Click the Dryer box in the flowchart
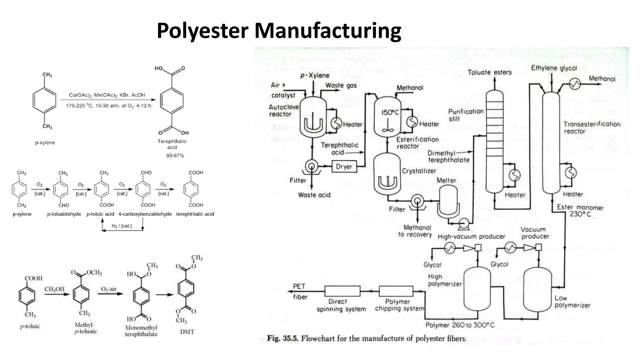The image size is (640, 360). pyautogui.click(x=344, y=167)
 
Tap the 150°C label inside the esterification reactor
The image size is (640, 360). pyautogui.click(x=390, y=112)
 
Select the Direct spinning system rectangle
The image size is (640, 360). pyautogui.click(x=342, y=291)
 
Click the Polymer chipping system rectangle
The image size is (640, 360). pyautogui.click(x=396, y=291)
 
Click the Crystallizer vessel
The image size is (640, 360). pyautogui.click(x=387, y=175)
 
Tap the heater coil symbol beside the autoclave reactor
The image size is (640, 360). pyautogui.click(x=337, y=123)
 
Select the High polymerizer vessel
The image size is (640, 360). pyautogui.click(x=477, y=289)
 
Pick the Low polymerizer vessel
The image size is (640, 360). pyautogui.click(x=537, y=289)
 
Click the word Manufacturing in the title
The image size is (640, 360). pyautogui.click(x=327, y=31)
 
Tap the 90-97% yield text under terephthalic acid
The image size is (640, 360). pyautogui.click(x=175, y=155)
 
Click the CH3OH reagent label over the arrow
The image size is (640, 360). pyautogui.click(x=54, y=289)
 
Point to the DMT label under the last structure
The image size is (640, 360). pyautogui.click(x=187, y=332)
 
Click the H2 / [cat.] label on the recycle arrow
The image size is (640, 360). pyautogui.click(x=122, y=226)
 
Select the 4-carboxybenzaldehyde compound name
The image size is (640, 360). pyautogui.click(x=145, y=214)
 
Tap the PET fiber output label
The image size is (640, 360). pyautogui.click(x=299, y=291)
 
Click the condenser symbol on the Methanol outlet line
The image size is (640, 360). pyautogui.click(x=575, y=83)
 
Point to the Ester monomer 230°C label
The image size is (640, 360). pyautogui.click(x=580, y=211)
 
